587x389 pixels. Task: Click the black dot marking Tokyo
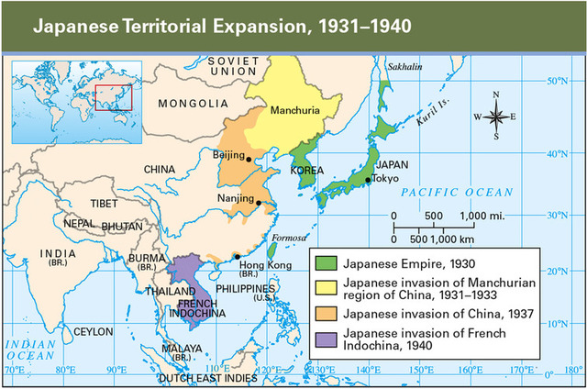click(x=368, y=180)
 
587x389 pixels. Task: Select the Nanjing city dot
click(x=259, y=203)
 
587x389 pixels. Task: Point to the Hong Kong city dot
click(x=238, y=256)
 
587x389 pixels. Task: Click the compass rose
click(x=495, y=116)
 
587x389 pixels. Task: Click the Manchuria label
click(x=294, y=111)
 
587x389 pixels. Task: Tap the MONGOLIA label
click(x=193, y=104)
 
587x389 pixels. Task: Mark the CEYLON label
click(x=94, y=330)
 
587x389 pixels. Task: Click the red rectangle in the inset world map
click(x=114, y=96)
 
